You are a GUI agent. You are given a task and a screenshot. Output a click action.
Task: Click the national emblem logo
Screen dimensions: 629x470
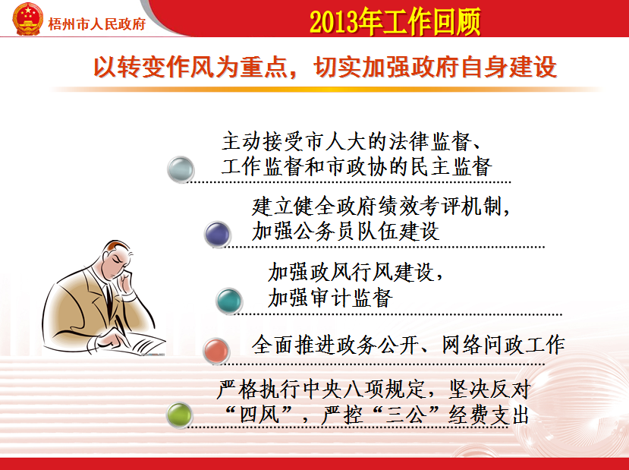click(x=27, y=19)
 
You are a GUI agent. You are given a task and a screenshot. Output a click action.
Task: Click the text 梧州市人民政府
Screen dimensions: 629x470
click(x=96, y=24)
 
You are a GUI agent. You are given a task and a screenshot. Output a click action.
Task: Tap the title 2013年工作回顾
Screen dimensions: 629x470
click(x=395, y=21)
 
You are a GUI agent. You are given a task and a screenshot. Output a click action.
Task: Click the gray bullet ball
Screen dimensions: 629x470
click(x=181, y=169)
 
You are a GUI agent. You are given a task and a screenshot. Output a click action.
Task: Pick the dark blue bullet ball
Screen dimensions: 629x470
click(x=218, y=234)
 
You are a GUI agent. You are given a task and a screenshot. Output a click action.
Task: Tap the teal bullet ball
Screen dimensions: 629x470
click(x=229, y=301)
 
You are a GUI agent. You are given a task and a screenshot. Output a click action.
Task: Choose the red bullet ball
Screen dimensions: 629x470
click(x=216, y=352)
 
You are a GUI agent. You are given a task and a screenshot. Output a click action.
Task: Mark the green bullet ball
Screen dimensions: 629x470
click(x=179, y=415)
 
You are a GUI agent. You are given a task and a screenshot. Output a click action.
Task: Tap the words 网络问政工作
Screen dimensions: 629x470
click(x=504, y=345)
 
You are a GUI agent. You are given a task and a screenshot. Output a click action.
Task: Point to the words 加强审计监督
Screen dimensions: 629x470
click(x=331, y=298)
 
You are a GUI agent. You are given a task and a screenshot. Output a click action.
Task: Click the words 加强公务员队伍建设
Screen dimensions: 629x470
click(x=346, y=231)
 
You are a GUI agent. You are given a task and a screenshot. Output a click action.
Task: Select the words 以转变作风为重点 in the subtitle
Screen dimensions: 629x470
click(x=190, y=67)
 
